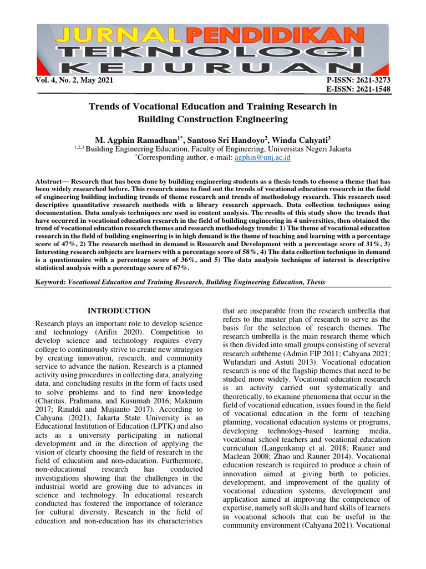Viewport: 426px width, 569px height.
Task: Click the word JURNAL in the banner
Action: [x=109, y=37]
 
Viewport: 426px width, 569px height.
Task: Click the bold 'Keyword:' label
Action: [x=50, y=282]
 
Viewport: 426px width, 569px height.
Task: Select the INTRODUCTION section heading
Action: [x=119, y=311]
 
